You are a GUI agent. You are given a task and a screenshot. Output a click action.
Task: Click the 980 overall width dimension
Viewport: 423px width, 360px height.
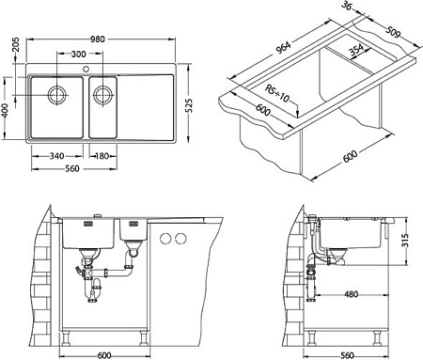click(x=98, y=39)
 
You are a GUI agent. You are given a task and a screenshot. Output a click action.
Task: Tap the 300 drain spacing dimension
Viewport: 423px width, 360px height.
click(x=78, y=54)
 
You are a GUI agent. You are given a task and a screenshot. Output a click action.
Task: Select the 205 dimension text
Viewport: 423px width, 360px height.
click(x=16, y=44)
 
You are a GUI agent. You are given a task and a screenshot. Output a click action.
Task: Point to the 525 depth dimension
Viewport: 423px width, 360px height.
click(x=189, y=105)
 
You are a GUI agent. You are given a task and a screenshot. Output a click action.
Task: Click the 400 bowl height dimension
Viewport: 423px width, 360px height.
click(x=6, y=111)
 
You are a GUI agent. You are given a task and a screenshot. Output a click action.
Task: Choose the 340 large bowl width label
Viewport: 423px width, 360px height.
click(x=56, y=156)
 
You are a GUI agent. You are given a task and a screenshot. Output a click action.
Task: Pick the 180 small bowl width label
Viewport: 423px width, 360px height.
click(x=102, y=156)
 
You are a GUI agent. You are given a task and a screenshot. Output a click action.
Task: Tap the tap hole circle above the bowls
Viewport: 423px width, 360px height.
click(x=86, y=69)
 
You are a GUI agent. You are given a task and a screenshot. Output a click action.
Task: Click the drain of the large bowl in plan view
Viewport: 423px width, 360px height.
click(x=57, y=95)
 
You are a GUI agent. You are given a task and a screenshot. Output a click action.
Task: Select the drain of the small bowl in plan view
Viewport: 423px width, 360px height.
click(x=102, y=95)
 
